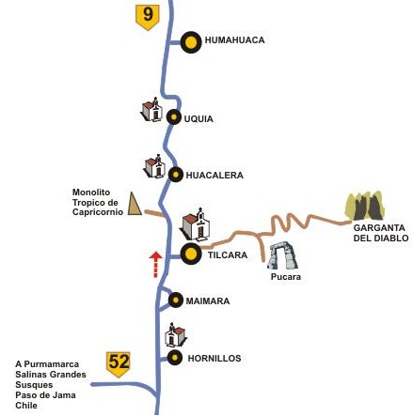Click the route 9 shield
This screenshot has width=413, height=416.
pyautogui.click(x=147, y=17)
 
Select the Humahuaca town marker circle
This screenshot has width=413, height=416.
pyautogui.click(x=192, y=41)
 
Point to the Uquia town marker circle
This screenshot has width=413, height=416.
pyautogui.click(x=172, y=118)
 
